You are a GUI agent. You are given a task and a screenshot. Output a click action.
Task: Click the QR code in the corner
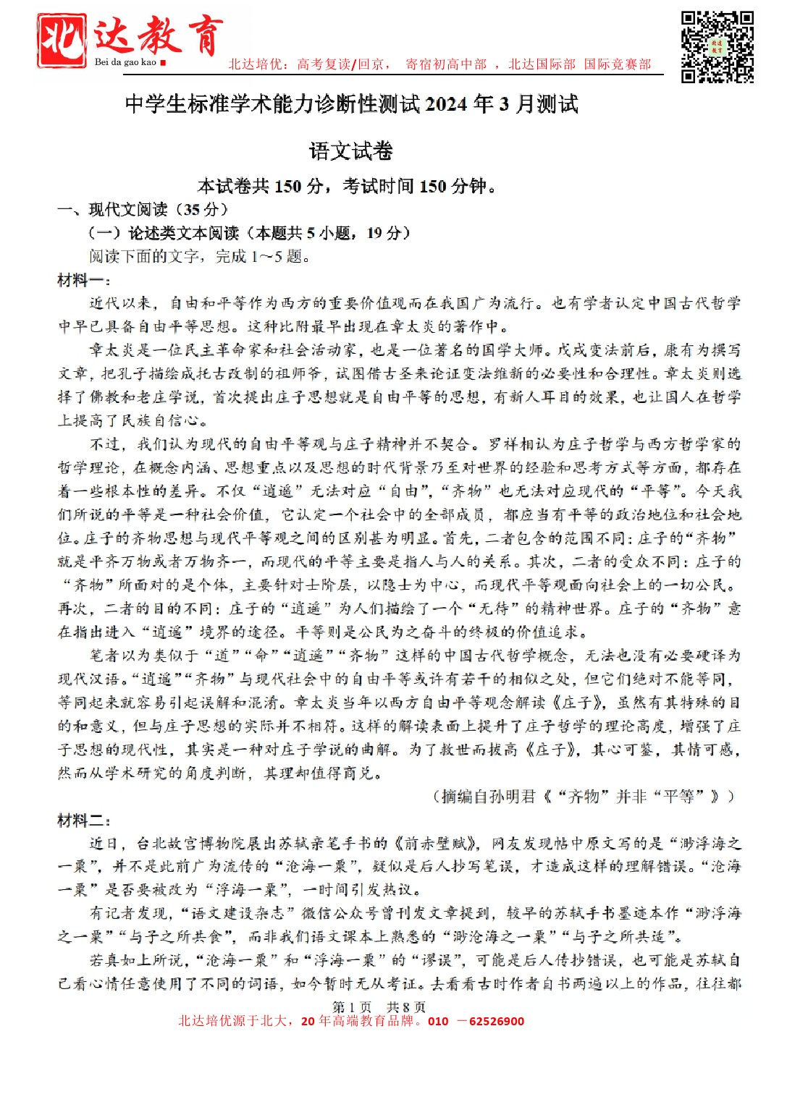pyautogui.click(x=717, y=46)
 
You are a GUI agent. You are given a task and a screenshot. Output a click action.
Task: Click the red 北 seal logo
pyautogui.click(x=62, y=41)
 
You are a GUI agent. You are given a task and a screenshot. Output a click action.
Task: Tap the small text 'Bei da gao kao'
pyautogui.click(x=125, y=62)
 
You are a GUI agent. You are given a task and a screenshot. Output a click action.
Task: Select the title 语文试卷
pyautogui.click(x=351, y=151)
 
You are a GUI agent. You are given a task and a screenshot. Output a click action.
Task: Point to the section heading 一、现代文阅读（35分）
pyautogui.click(x=143, y=210)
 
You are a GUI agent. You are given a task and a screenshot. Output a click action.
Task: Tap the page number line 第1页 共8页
pyautogui.click(x=379, y=1007)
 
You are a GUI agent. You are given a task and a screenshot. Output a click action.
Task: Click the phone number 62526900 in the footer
pyautogui.click(x=496, y=1022)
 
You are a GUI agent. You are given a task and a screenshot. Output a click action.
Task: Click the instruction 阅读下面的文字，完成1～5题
pyautogui.click(x=200, y=256)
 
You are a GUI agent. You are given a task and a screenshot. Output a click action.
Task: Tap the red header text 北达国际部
pyautogui.click(x=542, y=64)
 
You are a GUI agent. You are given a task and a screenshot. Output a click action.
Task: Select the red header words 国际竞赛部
pyautogui.click(x=618, y=64)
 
